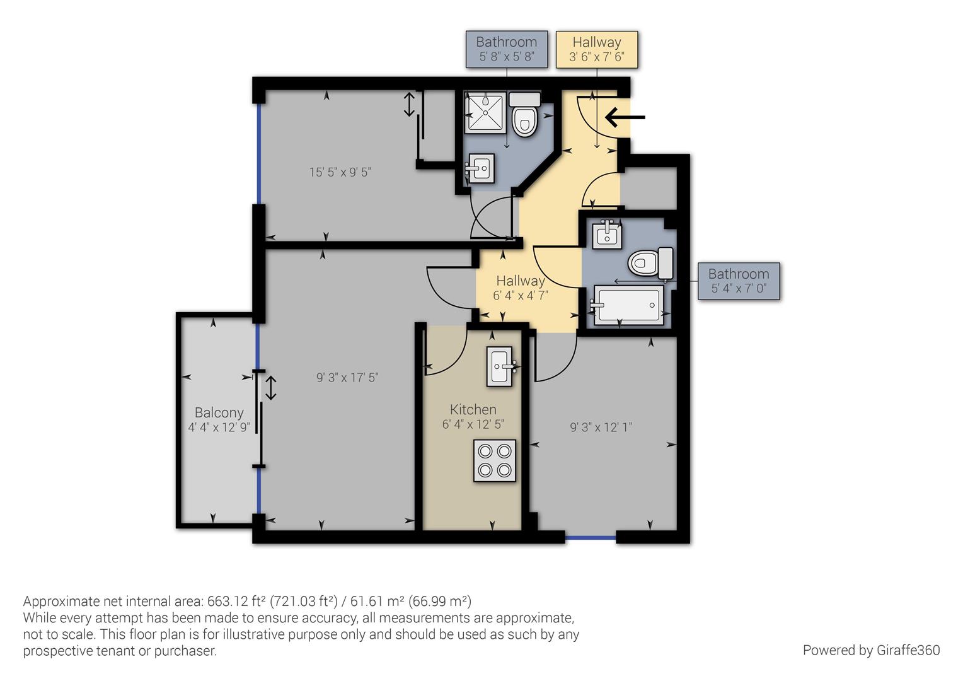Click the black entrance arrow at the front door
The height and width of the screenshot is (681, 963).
point(625,117)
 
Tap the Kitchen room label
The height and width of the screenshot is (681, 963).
point(473,410)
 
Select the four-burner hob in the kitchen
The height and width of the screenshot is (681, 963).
point(494,461)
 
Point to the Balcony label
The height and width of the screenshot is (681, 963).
point(219,413)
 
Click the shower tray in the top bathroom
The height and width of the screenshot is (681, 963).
point(485,113)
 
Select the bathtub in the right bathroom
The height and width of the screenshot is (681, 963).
point(628,306)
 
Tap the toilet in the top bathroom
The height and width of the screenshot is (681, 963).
point(524,117)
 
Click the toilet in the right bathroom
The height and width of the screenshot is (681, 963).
point(650,261)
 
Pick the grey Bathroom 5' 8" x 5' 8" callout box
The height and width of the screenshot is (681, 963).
point(506,49)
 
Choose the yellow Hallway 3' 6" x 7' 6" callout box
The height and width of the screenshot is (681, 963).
point(596,49)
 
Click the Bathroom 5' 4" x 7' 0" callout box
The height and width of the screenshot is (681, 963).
point(739,281)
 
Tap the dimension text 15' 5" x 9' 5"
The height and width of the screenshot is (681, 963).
point(340,172)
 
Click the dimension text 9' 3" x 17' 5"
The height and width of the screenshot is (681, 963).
point(347,378)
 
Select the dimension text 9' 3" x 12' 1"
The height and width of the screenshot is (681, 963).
point(601,428)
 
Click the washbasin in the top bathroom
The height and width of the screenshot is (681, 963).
point(480,169)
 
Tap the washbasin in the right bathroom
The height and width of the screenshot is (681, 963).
point(607,235)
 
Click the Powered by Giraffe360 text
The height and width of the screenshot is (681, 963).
point(871,650)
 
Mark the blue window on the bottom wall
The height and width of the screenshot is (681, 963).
point(590,538)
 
